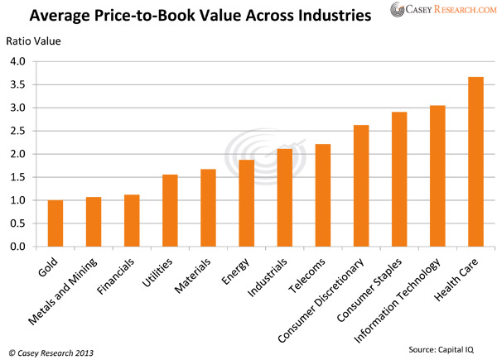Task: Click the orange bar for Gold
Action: [x=55, y=223]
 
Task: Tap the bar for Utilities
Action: [x=170, y=211]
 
